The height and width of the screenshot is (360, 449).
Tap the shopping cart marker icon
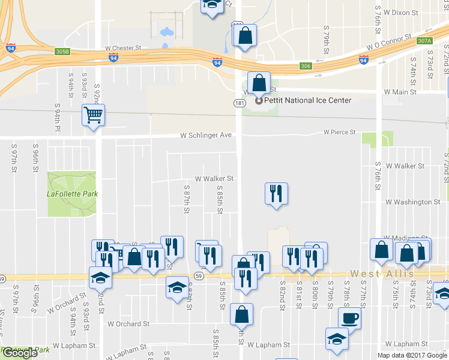94,115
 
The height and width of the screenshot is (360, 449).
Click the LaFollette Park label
72,194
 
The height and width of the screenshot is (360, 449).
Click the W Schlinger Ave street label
206,136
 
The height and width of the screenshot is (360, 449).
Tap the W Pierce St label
340,132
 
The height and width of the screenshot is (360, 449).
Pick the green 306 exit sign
306,66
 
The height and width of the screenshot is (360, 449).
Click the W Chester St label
122,47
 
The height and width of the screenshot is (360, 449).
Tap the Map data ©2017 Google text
412,355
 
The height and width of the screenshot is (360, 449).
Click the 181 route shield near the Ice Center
239,103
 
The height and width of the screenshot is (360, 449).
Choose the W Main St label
400,92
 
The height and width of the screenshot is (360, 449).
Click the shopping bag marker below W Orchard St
241,314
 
